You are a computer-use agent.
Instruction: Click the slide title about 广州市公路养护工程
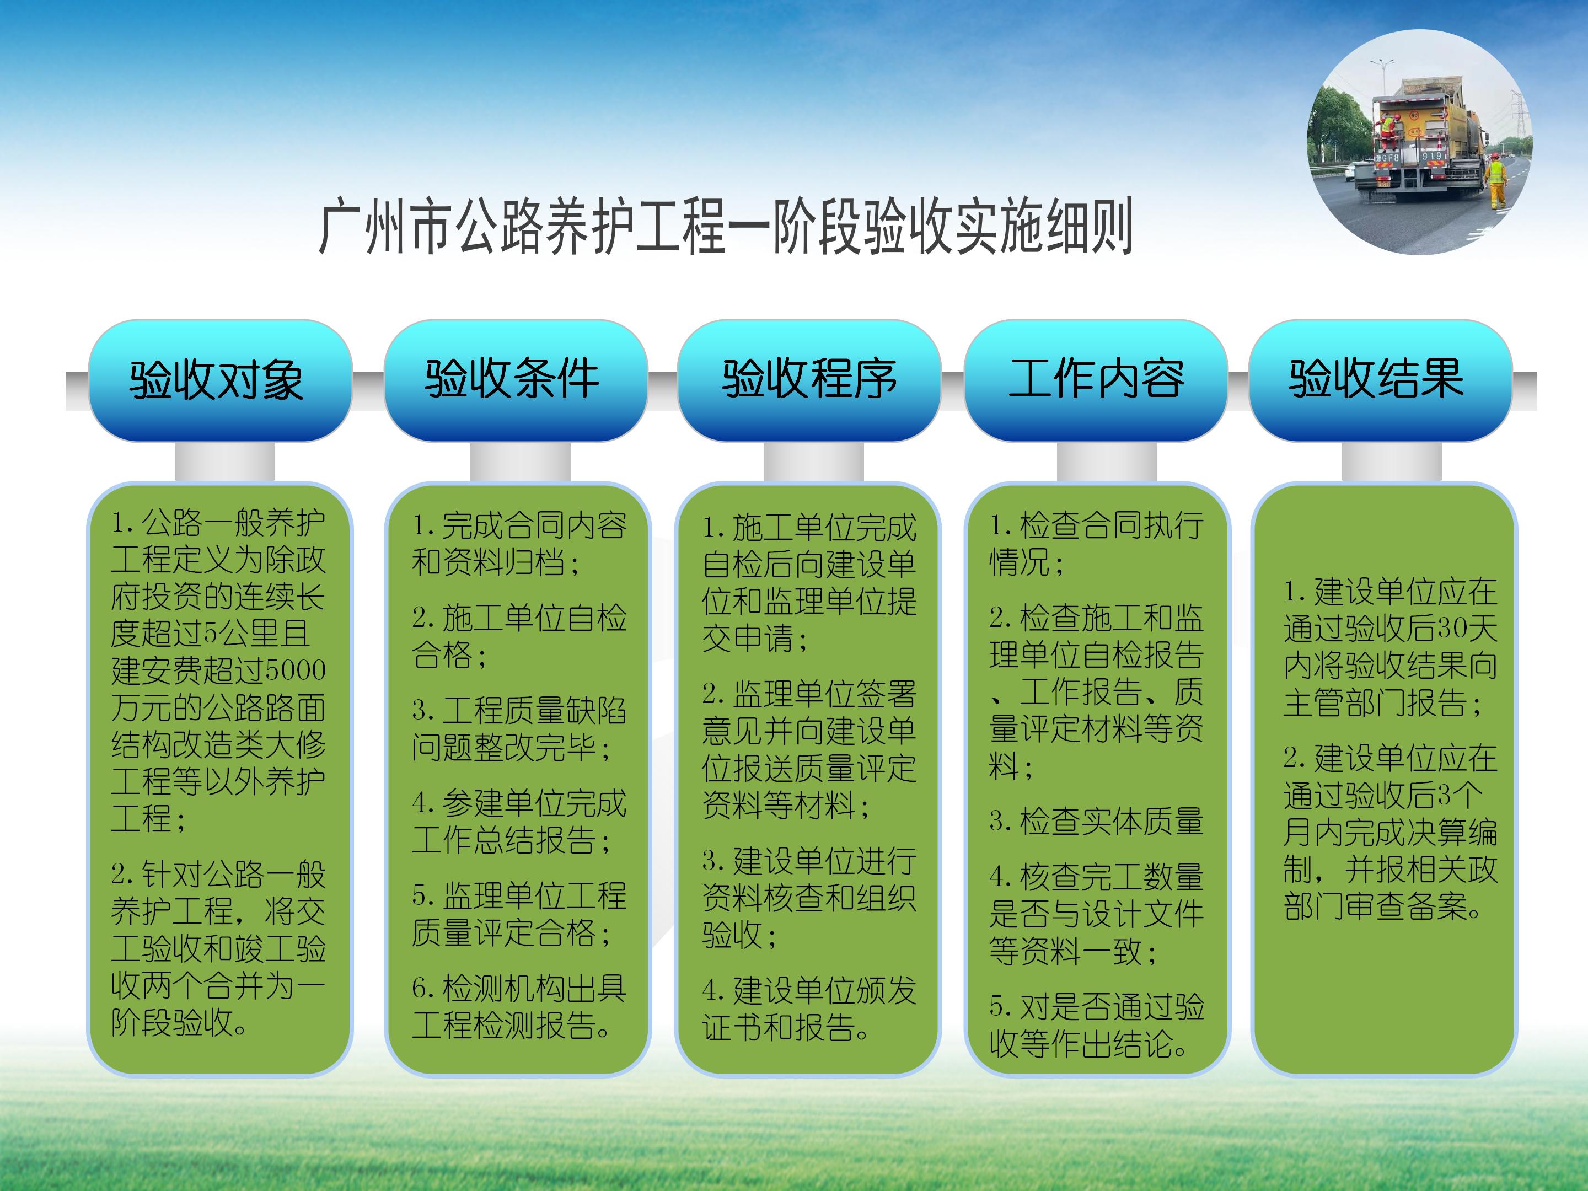[x=725, y=227]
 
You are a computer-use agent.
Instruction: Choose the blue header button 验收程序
[x=809, y=380]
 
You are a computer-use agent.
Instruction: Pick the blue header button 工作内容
[x=1096, y=380]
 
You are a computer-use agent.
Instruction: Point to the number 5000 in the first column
[x=296, y=670]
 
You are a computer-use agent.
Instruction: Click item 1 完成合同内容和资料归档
[x=518, y=544]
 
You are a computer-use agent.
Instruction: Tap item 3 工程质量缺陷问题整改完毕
[x=518, y=729]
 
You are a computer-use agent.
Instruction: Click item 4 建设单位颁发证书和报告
[x=809, y=1008]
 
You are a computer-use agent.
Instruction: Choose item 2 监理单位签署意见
[x=809, y=749]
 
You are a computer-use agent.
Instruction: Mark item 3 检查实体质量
[x=1096, y=821]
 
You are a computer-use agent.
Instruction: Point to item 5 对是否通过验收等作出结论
[x=1096, y=1025]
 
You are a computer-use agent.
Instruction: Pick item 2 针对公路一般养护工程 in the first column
[x=218, y=948]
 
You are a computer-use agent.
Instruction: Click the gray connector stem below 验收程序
[x=813, y=461]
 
